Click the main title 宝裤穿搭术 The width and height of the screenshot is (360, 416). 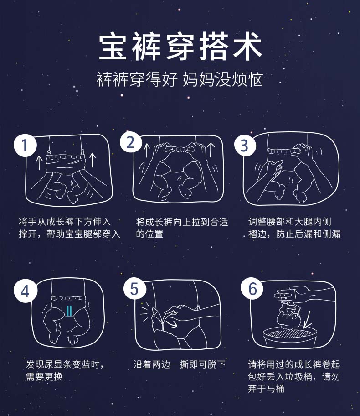[x=180, y=46]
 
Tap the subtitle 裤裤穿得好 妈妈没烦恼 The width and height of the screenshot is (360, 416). [x=180, y=79]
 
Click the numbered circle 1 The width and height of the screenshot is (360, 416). [x=25, y=146]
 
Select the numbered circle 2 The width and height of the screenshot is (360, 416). [x=131, y=142]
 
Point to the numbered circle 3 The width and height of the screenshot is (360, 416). [x=245, y=145]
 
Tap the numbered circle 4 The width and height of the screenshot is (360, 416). [x=26, y=291]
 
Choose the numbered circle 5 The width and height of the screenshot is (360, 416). [x=135, y=289]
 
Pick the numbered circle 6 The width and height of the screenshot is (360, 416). [x=252, y=288]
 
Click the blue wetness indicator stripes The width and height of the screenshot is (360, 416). [x=69, y=311]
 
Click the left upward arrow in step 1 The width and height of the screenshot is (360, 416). [x=39, y=162]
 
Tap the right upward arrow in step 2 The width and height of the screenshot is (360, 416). [x=211, y=150]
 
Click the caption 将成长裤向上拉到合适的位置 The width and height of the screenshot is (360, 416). [x=182, y=228]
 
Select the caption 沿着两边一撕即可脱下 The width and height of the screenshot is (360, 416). [x=180, y=364]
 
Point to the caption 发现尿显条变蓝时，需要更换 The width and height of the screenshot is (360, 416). [x=65, y=370]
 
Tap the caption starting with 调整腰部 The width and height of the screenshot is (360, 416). [x=294, y=228]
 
